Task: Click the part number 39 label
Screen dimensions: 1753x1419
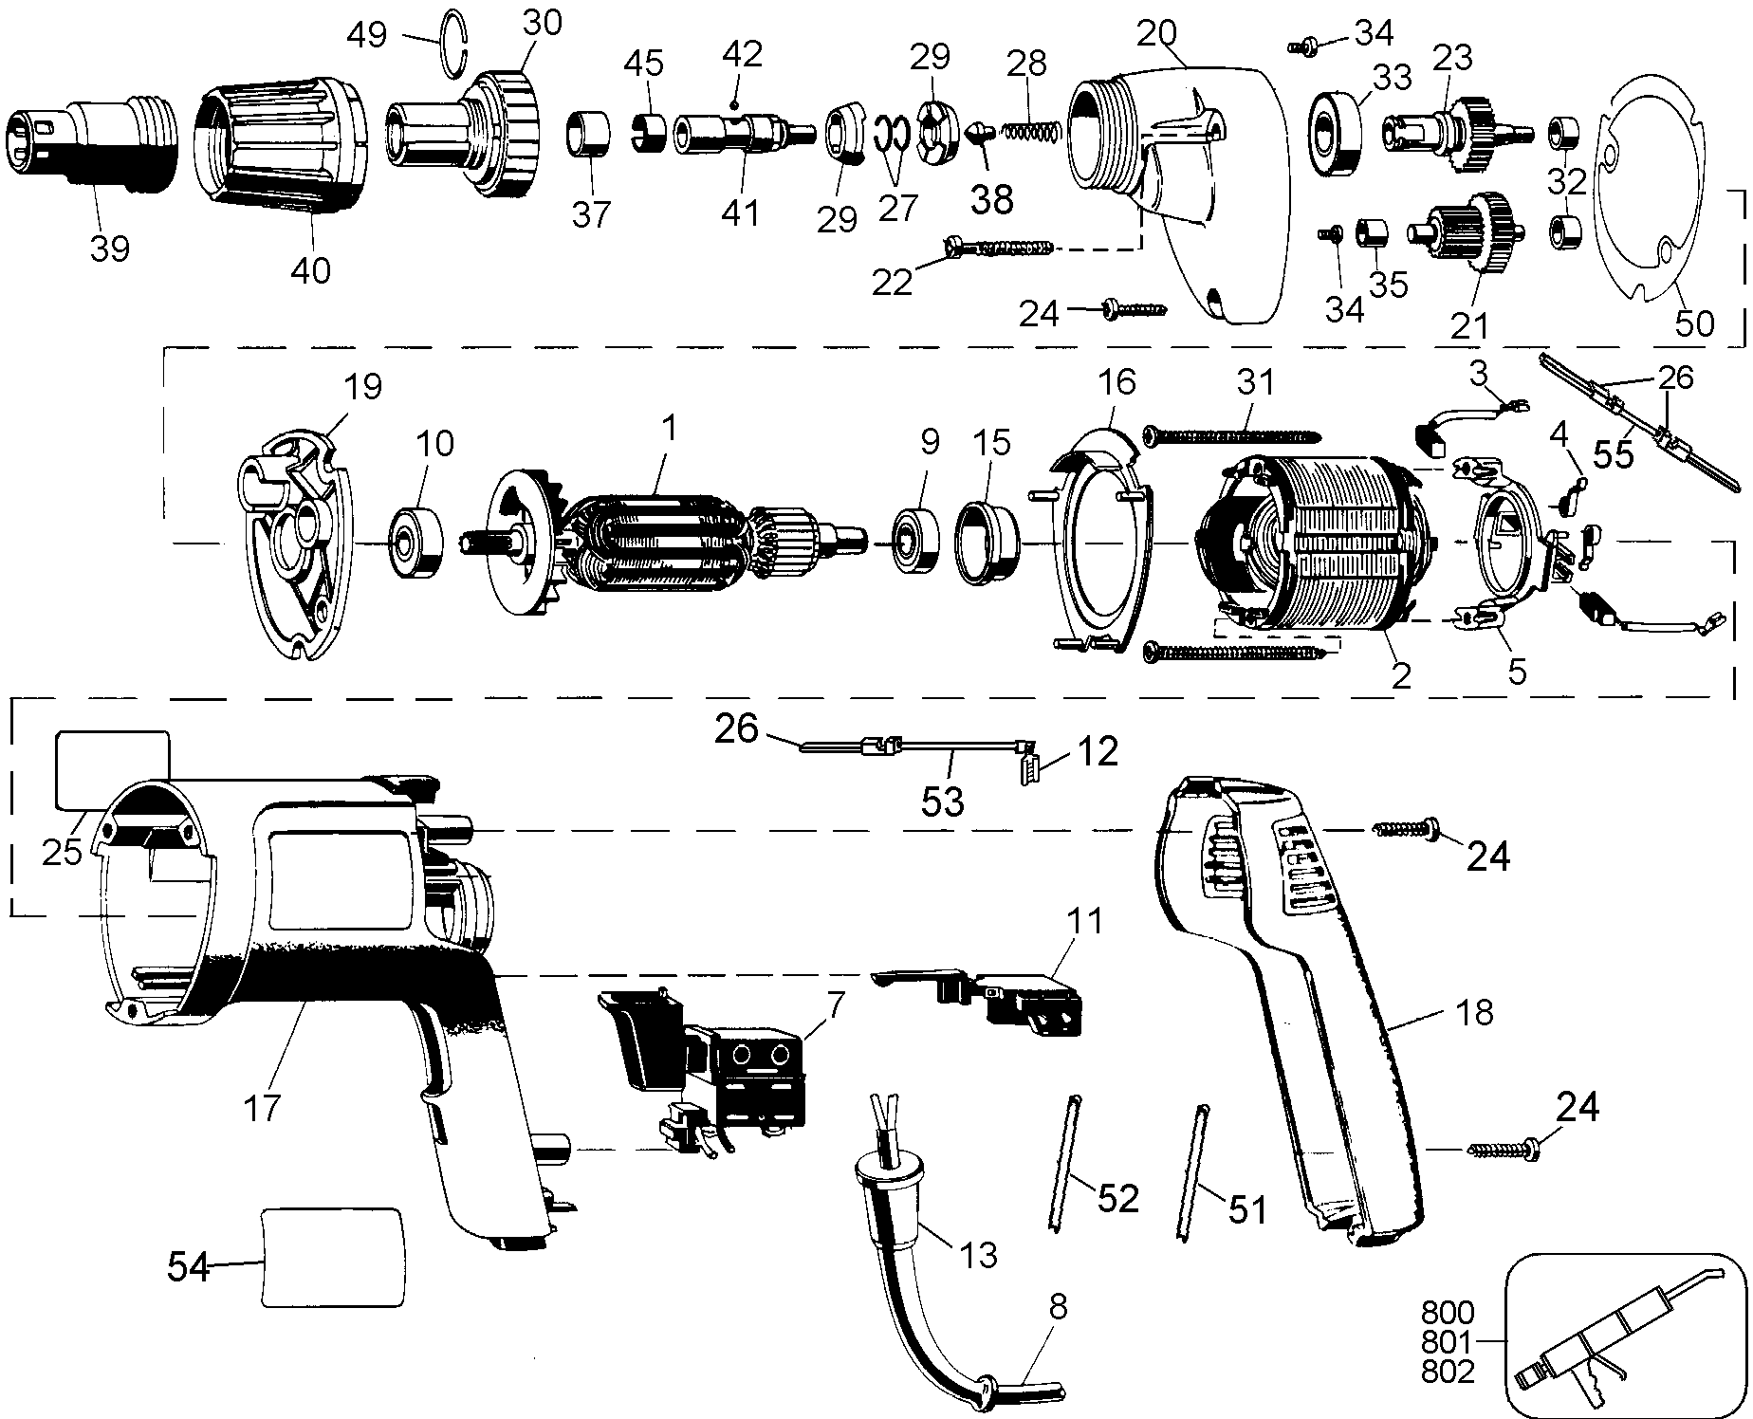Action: tap(109, 249)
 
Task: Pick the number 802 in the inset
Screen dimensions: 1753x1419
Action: tap(1449, 1372)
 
